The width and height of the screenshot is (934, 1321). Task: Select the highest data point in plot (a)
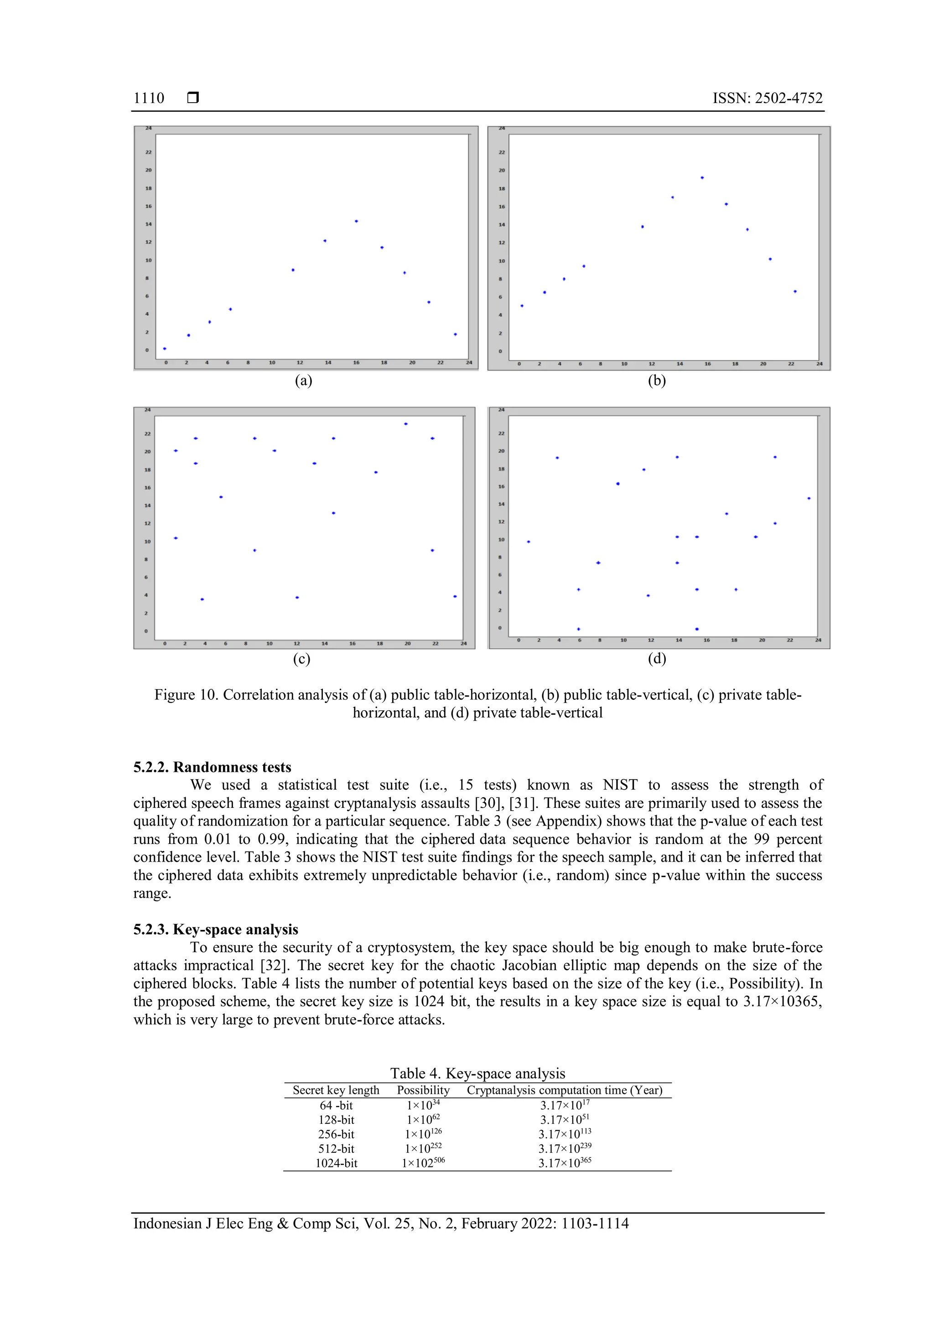pos(357,221)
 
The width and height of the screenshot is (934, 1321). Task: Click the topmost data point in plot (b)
pos(702,178)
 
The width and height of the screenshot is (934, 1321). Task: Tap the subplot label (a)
pos(303,380)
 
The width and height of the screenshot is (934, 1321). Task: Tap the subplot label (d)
pos(657,658)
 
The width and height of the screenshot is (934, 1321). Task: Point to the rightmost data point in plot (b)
pos(795,291)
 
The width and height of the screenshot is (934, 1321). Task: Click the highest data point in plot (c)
pos(405,424)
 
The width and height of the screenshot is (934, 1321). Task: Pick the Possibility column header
pos(423,1090)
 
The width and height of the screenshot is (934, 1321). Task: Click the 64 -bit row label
pos(336,1105)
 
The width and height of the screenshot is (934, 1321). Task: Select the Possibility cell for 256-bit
pos(423,1134)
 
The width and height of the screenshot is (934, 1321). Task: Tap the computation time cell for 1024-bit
pos(564,1163)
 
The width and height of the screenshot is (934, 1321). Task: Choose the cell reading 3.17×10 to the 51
pos(564,1120)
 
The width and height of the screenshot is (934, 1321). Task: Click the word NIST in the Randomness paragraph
pos(619,785)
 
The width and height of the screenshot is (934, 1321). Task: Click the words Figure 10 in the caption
pos(184,695)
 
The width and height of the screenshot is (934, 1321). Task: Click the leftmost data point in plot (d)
pos(529,541)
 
